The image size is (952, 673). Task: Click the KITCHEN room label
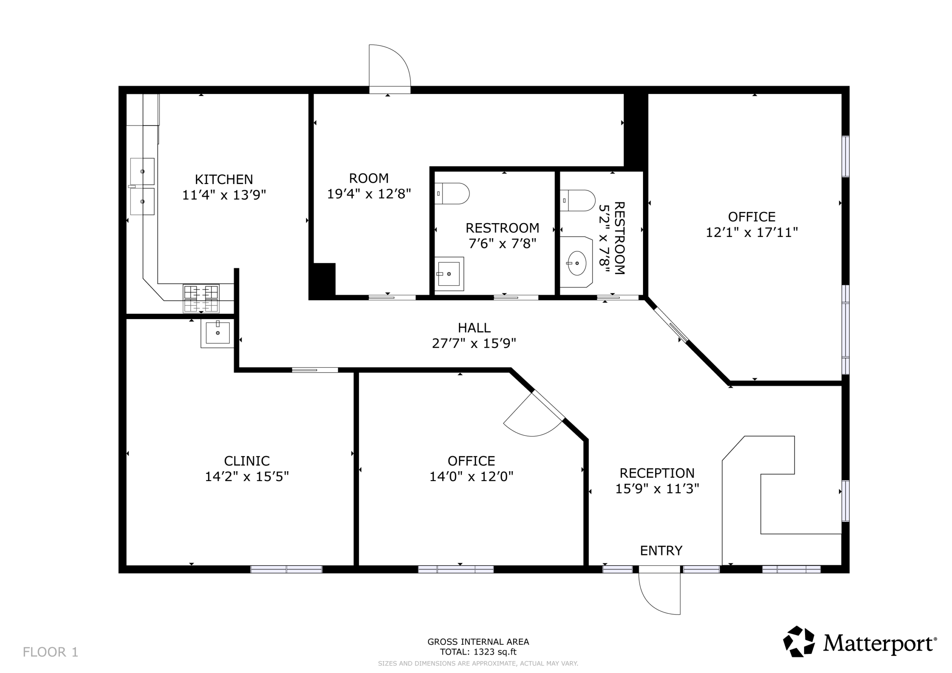pyautogui.click(x=224, y=179)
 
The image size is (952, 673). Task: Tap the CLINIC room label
pyautogui.click(x=247, y=461)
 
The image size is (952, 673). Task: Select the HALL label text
pyautogui.click(x=474, y=328)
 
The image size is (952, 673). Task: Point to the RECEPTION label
pyautogui.click(x=657, y=473)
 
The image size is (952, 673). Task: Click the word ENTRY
pyautogui.click(x=661, y=550)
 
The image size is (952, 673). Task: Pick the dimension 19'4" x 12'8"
pyautogui.click(x=369, y=194)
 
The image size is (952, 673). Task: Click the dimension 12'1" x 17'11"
pyautogui.click(x=752, y=232)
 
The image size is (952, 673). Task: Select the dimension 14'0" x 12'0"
pyautogui.click(x=471, y=476)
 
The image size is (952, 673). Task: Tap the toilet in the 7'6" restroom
pyautogui.click(x=452, y=193)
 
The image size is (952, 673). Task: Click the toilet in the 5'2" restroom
pyautogui.click(x=578, y=200)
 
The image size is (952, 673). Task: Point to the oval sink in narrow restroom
pyautogui.click(x=577, y=263)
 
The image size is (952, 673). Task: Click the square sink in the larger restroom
pyautogui.click(x=448, y=274)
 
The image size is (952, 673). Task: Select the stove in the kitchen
pyautogui.click(x=201, y=299)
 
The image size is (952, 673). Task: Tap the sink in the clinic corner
pyautogui.click(x=217, y=333)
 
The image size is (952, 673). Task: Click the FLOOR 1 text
pyautogui.click(x=50, y=652)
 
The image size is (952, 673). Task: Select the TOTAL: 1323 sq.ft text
pyautogui.click(x=478, y=652)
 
